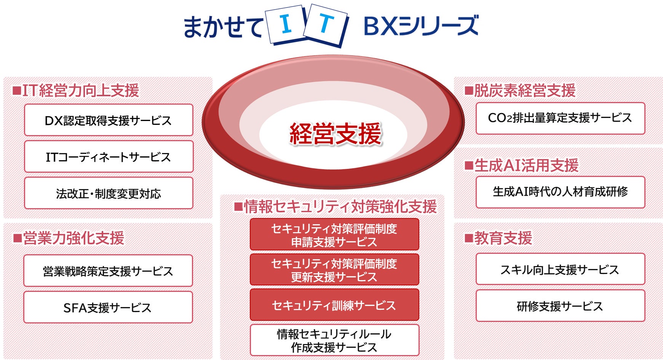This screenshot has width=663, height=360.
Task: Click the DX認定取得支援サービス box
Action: pyautogui.click(x=109, y=120)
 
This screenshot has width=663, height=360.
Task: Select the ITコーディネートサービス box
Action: pyautogui.click(x=109, y=157)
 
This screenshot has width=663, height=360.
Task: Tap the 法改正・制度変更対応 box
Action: pyautogui.click(x=109, y=193)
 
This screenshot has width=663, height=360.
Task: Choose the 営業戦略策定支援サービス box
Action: pyautogui.click(x=108, y=271)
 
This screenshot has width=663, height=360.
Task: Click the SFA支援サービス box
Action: pyautogui.click(x=108, y=307)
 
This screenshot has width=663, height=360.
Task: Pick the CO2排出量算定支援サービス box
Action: pyautogui.click(x=560, y=118)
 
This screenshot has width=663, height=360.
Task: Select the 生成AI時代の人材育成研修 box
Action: pyautogui.click(x=560, y=192)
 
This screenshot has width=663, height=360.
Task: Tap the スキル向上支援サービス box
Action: pyautogui.click(x=560, y=269)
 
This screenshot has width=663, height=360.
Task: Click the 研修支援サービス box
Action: pyautogui.click(x=560, y=306)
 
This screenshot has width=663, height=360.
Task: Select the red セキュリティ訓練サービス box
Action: pyautogui.click(x=334, y=305)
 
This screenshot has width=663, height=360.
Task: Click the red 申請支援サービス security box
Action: pyautogui.click(x=334, y=234)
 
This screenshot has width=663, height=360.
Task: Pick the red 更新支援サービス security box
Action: pyautogui.click(x=334, y=270)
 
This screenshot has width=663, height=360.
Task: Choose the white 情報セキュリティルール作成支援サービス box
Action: pyautogui.click(x=334, y=340)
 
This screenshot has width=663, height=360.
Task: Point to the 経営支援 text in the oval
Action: pyautogui.click(x=335, y=134)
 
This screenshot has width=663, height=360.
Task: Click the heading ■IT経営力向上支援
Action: pyautogui.click(x=76, y=91)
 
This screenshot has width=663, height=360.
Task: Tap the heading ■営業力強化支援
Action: pyautogui.click(x=69, y=238)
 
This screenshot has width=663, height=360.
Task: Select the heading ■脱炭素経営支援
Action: pyautogui.click(x=520, y=91)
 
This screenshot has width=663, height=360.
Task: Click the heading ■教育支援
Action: pyautogui.click(x=498, y=238)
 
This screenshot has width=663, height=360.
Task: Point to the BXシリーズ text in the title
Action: pyautogui.click(x=421, y=26)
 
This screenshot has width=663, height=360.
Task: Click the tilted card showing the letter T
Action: pyautogui.click(x=326, y=25)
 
